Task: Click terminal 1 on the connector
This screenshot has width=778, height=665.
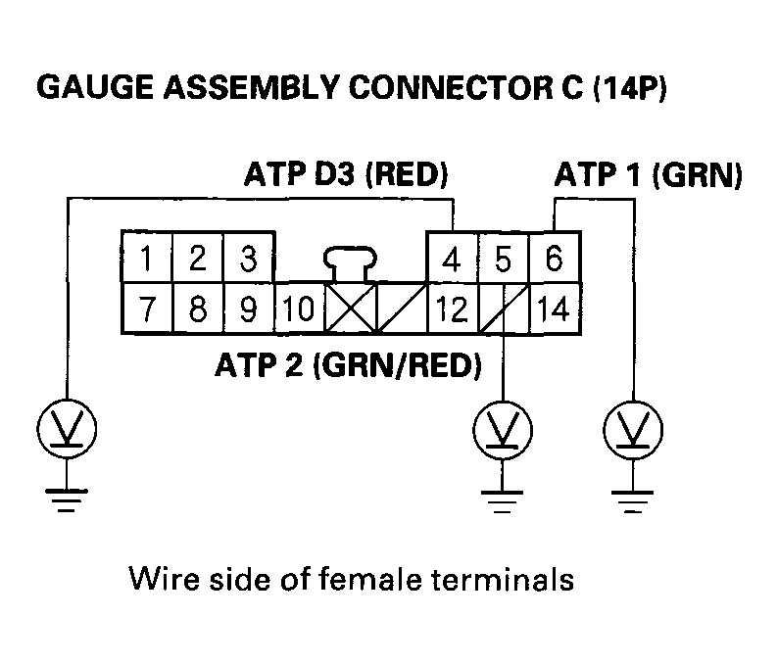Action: [x=146, y=259]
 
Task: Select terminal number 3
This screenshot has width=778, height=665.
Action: [x=249, y=259]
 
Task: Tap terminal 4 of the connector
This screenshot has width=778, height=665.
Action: [x=452, y=261]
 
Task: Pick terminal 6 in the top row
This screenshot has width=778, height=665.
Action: [x=555, y=259]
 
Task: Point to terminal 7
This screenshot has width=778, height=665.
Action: [x=146, y=309]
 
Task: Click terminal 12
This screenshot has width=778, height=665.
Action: [x=452, y=310]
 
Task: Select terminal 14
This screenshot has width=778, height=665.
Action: [x=555, y=310]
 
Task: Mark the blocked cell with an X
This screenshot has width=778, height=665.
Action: [x=351, y=310]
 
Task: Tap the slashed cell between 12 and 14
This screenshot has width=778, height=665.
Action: [x=504, y=310]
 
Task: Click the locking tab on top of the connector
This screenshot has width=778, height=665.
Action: [x=351, y=262]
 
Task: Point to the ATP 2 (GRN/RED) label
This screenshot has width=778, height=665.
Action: [x=348, y=366]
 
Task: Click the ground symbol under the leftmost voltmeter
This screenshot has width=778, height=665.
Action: [x=68, y=499]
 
